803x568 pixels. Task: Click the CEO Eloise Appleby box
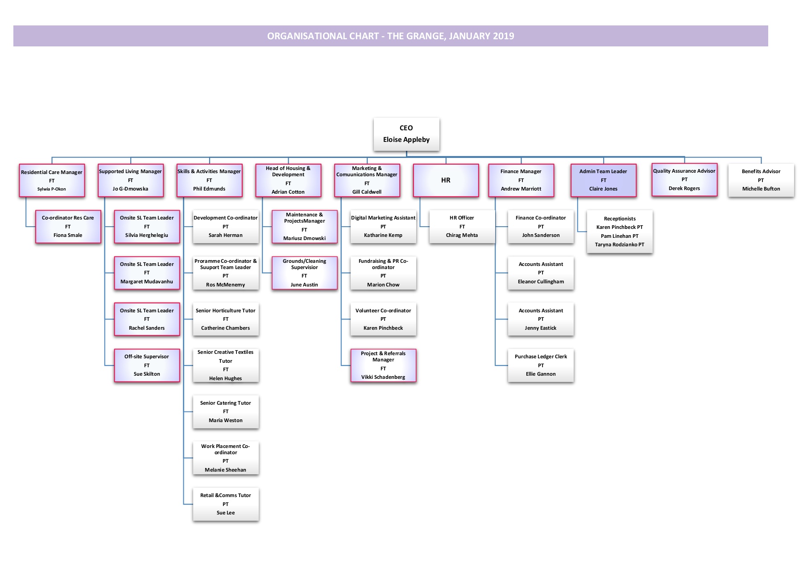coord(406,134)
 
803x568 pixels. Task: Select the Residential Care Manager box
coord(52,180)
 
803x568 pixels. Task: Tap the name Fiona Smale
coord(68,235)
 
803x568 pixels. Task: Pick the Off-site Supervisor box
coord(147,365)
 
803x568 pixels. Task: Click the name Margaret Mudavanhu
coord(147,282)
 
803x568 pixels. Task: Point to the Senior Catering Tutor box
coord(226,411)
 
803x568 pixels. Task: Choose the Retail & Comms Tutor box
coord(226,504)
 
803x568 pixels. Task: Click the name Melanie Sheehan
coord(225,470)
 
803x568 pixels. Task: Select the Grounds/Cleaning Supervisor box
coord(304,273)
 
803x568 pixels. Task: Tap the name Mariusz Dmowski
coord(304,238)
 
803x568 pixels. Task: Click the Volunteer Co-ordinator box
coord(383,319)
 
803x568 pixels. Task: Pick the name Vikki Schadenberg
coord(383,377)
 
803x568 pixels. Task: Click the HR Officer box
coord(462,227)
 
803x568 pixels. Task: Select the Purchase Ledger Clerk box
coord(541,365)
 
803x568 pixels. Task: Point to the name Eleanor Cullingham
coord(541,282)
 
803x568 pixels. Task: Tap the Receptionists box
coord(620,232)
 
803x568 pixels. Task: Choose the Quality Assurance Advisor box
coord(684,179)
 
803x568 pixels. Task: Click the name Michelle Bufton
coord(761,189)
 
